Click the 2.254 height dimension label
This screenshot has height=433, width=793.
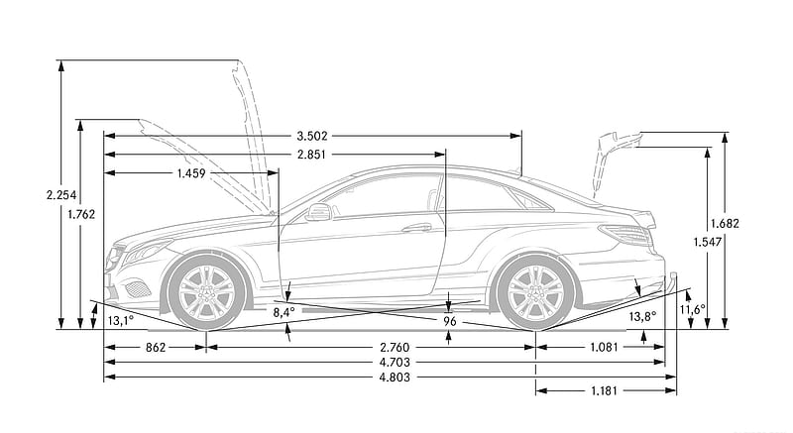61,195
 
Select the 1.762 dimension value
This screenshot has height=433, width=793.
81,214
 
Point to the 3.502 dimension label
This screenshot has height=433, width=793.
312,136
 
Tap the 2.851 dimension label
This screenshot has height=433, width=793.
311,155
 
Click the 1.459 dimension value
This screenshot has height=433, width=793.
191,173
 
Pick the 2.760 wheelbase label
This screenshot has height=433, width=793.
395,348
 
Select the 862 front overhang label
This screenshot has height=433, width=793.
156,348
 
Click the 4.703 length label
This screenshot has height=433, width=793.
395,363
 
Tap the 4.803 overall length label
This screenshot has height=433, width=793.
395,377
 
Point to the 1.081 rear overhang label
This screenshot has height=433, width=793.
604,348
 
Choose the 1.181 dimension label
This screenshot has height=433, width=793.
604,390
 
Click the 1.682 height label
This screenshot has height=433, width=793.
725,223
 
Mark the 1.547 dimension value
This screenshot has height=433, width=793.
707,243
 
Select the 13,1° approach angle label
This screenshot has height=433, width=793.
120,320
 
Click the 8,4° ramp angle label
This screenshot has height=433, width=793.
283,313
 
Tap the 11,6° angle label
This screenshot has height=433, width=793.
692,309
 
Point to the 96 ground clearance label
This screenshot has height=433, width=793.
449,321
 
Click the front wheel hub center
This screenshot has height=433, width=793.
206,293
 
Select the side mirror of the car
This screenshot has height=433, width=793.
318,212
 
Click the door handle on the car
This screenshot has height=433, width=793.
416,228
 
